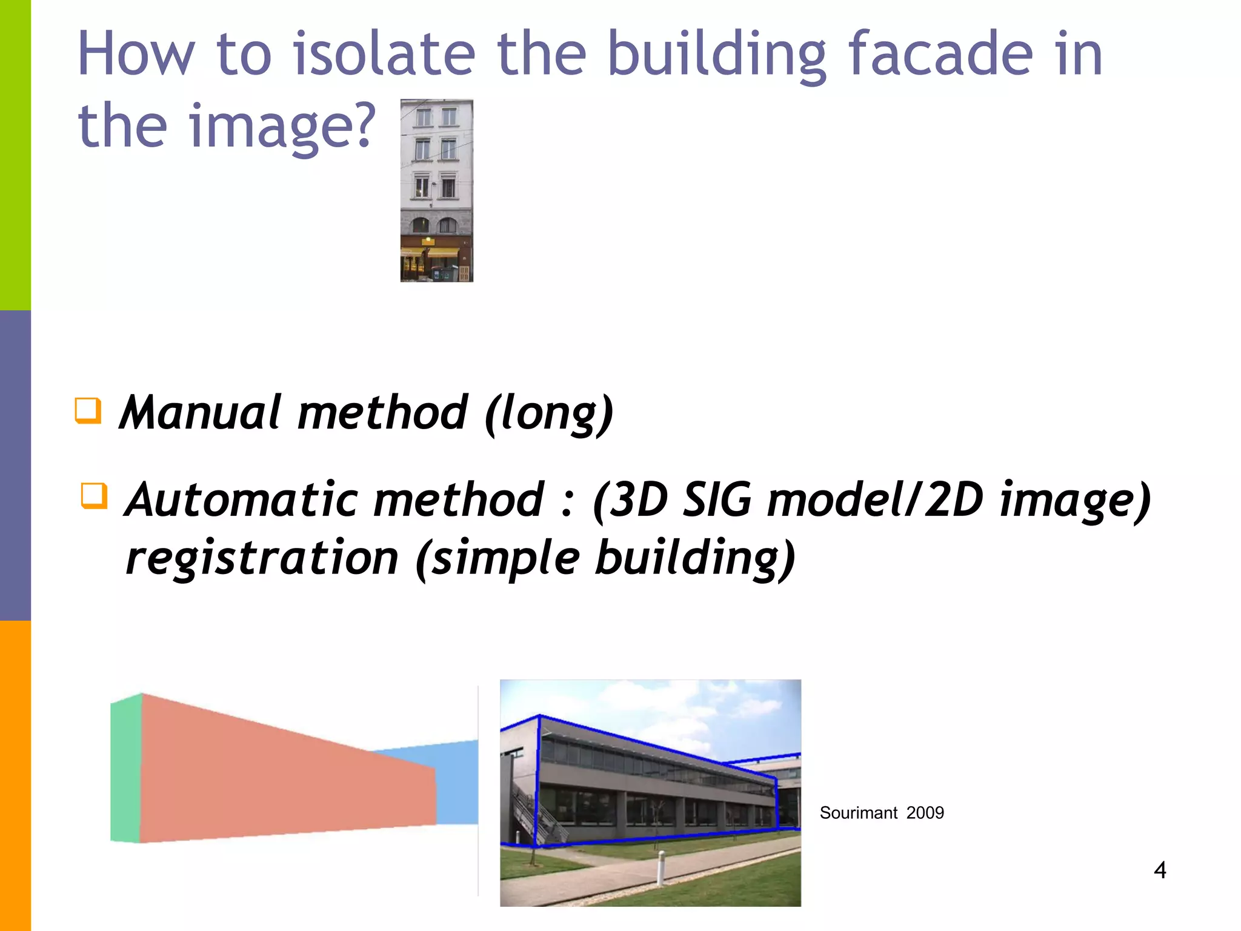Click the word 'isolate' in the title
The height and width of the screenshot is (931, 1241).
point(384,55)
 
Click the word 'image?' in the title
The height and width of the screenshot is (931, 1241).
point(282,126)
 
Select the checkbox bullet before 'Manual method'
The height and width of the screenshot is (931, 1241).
point(88,410)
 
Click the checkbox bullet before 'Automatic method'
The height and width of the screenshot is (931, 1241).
point(94,495)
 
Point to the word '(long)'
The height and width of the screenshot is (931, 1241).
point(549,414)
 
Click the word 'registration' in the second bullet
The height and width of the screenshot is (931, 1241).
point(262,558)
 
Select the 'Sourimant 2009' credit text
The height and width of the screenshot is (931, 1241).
point(881,813)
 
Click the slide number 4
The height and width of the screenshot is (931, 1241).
point(1160,870)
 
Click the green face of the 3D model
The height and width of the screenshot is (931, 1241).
point(126,769)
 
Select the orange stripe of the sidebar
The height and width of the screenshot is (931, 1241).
point(15,776)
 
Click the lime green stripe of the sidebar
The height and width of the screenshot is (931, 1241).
point(15,155)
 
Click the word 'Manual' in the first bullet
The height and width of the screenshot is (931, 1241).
point(201,413)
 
